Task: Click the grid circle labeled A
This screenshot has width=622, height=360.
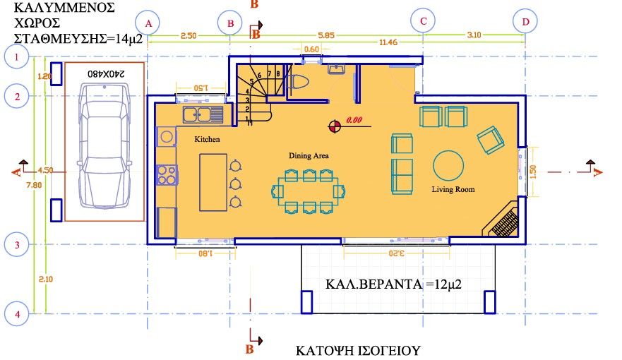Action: [x=148, y=23]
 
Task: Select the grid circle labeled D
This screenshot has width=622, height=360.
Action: [x=525, y=22]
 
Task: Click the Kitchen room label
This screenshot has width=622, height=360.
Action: [x=208, y=140]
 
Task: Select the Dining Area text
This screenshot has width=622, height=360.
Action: [x=309, y=155]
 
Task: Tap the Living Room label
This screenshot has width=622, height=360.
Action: [x=453, y=189]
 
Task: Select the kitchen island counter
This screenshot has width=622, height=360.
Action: [x=213, y=182]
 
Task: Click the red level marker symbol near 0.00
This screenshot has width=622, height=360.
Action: [x=335, y=126]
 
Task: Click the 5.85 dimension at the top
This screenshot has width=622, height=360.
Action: [x=325, y=34]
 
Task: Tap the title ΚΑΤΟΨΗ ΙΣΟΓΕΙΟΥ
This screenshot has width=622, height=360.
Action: [x=358, y=350]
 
